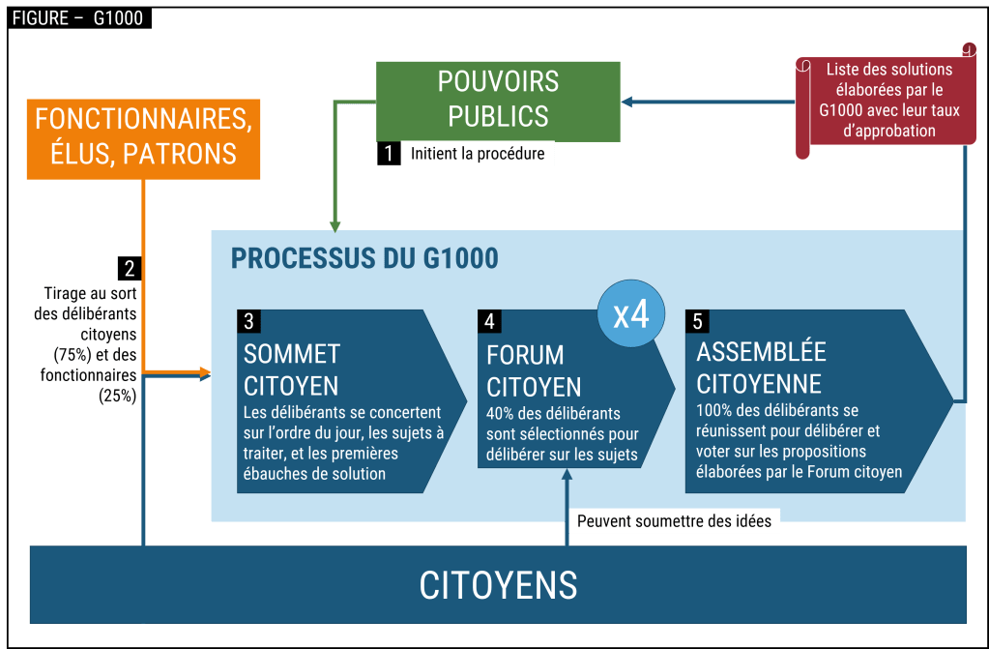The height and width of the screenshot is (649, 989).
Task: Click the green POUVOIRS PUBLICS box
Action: (498, 100)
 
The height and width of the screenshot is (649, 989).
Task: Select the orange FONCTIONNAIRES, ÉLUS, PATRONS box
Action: (143, 136)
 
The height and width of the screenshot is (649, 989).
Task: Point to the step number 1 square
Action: (388, 154)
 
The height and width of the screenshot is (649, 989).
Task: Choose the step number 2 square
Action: (130, 268)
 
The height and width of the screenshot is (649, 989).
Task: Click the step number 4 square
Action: (490, 320)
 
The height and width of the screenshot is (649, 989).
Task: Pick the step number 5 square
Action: (698, 320)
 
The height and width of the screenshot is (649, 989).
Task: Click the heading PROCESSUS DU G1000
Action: (364, 258)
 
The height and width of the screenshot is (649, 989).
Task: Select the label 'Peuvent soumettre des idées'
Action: (674, 521)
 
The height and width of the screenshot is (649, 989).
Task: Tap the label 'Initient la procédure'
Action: (478, 154)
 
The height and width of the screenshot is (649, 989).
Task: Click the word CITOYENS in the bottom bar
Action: (498, 584)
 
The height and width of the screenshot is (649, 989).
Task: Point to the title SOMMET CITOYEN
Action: (291, 369)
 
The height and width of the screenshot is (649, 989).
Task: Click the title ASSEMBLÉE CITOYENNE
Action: (761, 367)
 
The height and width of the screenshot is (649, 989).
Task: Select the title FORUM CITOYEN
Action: (534, 370)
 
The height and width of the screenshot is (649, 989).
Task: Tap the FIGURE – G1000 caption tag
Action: (79, 17)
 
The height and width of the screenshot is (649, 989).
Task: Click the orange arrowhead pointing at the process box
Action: (204, 372)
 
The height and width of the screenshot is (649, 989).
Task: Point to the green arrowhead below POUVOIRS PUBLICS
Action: (335, 226)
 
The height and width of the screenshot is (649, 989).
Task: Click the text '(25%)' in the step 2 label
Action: (117, 395)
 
